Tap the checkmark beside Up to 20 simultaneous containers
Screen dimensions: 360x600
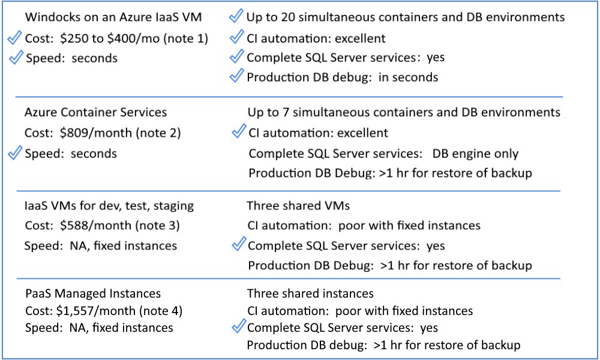[236, 16]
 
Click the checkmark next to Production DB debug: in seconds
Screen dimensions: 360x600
[236, 76]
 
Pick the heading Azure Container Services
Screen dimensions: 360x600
[96, 112]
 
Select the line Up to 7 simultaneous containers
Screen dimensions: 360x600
[404, 112]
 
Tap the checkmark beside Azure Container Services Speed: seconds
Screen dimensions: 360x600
[15, 153]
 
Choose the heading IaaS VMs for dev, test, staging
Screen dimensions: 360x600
[109, 206]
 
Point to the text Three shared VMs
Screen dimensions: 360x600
[298, 206]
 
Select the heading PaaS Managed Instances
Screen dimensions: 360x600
[93, 293]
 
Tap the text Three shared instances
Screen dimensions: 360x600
[310, 293]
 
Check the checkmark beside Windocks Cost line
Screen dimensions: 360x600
[15, 38]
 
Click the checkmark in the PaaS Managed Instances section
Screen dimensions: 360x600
[238, 327]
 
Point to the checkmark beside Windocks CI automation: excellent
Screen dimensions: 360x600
[236, 38]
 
